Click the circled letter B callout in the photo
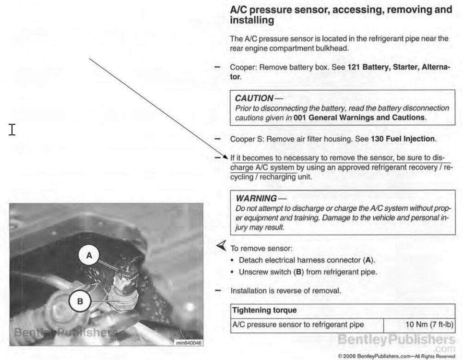pyautogui.click(x=80, y=301)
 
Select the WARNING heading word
pyautogui.click(x=257, y=198)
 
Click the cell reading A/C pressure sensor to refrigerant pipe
pyautogui.click(x=297, y=324)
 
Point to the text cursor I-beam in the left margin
pyautogui.click(x=12, y=129)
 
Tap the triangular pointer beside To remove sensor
pyautogui.click(x=221, y=246)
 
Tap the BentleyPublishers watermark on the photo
pyautogui.click(x=65, y=332)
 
